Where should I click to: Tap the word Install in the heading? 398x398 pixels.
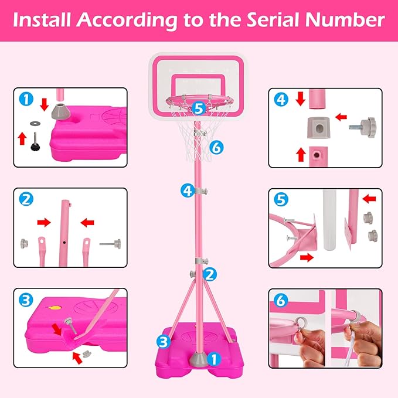click(43, 21)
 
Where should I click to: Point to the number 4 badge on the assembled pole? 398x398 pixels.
click(187, 190)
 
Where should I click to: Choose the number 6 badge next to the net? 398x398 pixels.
click(216, 148)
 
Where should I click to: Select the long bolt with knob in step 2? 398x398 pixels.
click(110, 243)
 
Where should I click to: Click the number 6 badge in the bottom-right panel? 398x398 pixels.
click(281, 301)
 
